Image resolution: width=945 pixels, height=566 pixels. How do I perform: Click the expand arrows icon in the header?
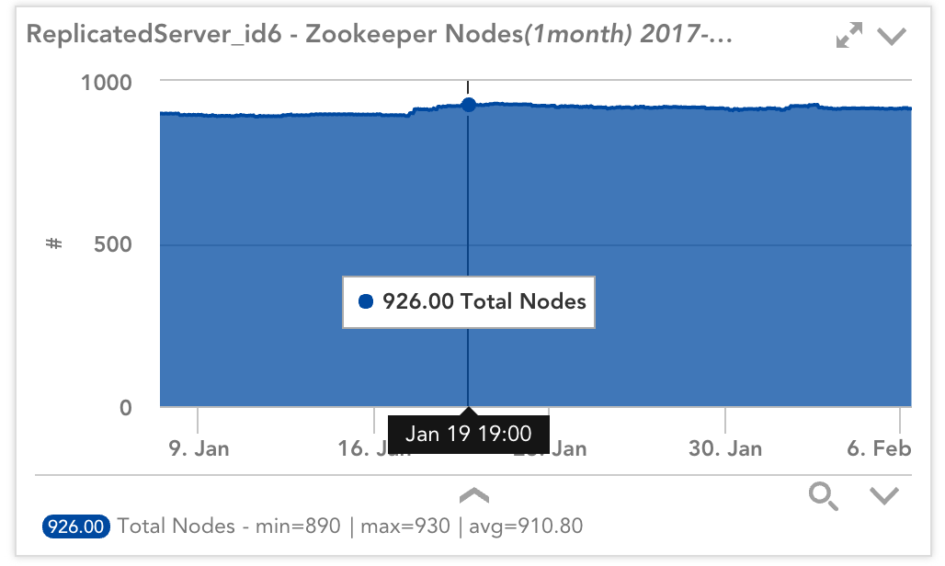pyautogui.click(x=849, y=37)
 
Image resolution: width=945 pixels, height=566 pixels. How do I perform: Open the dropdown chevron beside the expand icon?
pyautogui.click(x=892, y=37)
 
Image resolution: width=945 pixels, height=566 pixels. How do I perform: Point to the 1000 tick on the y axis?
pyautogui.click(x=108, y=82)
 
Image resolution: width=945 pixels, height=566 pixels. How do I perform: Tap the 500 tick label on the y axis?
pyautogui.click(x=113, y=244)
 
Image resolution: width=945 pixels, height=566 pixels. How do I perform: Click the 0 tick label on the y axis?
pyautogui.click(x=126, y=407)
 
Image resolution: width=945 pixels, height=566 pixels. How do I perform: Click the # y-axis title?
pyautogui.click(x=53, y=244)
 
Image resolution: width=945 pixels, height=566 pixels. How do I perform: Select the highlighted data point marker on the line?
pyautogui.click(x=469, y=105)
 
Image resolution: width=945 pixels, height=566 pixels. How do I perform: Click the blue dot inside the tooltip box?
pyautogui.click(x=366, y=301)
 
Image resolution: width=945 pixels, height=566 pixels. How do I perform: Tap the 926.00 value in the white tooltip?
pyautogui.click(x=418, y=301)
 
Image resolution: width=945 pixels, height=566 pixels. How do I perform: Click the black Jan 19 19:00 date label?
pyautogui.click(x=469, y=433)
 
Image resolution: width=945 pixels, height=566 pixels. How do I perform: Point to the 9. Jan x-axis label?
pyautogui.click(x=199, y=448)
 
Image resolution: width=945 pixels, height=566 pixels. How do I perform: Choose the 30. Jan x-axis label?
pyautogui.click(x=726, y=448)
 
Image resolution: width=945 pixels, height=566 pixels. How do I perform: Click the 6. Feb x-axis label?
pyautogui.click(x=879, y=448)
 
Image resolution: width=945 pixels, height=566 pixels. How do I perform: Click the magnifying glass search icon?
pyautogui.click(x=823, y=497)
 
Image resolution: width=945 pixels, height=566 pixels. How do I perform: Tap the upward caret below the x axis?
pyautogui.click(x=474, y=496)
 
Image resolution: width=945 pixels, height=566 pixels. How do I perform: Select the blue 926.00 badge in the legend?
pyautogui.click(x=77, y=526)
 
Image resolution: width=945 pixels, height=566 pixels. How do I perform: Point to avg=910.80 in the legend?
pyautogui.click(x=526, y=526)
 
